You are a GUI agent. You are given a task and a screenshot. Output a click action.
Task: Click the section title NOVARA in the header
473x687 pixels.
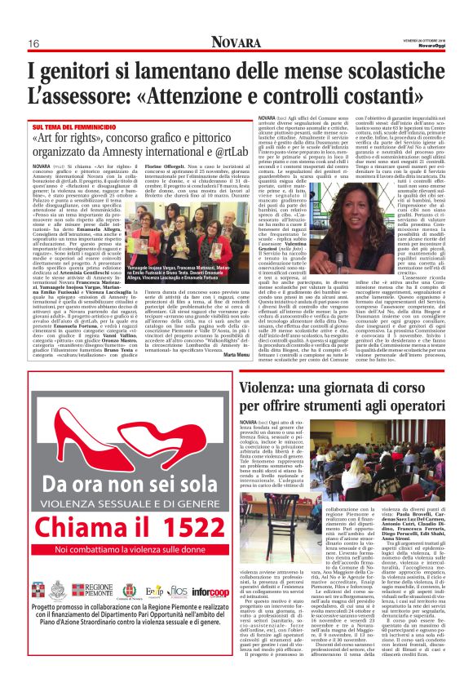click(x=236, y=42)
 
